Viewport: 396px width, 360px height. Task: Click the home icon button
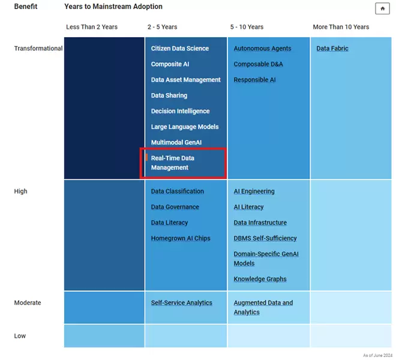tap(382, 8)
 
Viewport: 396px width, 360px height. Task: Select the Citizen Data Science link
tap(180, 49)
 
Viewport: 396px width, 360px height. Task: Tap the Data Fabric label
tap(332, 49)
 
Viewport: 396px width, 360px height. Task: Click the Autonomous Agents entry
tap(262, 49)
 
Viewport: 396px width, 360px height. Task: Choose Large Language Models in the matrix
tap(185, 127)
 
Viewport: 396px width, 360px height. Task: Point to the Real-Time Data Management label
tap(173, 163)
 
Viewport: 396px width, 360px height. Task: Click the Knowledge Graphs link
tap(260, 279)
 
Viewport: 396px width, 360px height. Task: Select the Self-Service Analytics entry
tap(181, 303)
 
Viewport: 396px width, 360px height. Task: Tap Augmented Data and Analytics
tap(263, 307)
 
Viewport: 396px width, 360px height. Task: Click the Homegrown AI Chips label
tap(181, 238)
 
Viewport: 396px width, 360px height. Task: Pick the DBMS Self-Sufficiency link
tap(265, 238)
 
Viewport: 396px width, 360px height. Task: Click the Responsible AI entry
tap(254, 80)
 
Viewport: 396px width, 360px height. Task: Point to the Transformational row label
tap(38, 49)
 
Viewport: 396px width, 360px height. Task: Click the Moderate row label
tap(28, 303)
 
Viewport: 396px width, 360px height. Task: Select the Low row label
tap(20, 336)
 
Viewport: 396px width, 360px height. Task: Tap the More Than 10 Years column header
tap(341, 27)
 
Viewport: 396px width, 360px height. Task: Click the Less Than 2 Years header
tap(92, 27)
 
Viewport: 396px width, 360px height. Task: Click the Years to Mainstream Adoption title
tap(113, 7)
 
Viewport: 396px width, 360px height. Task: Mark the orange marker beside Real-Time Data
tap(146, 158)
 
